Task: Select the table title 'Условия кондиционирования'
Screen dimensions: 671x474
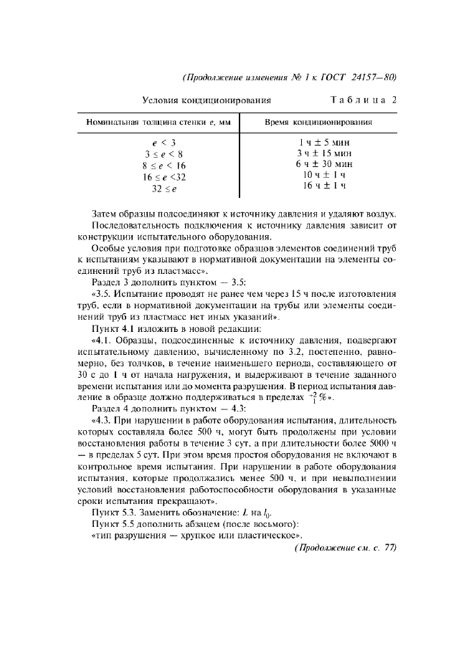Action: point(207,100)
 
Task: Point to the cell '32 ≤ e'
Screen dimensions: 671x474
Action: point(164,188)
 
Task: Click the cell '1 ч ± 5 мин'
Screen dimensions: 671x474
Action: point(325,142)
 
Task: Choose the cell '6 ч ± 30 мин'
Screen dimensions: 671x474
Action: point(325,163)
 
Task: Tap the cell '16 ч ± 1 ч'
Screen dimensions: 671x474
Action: point(324,186)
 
